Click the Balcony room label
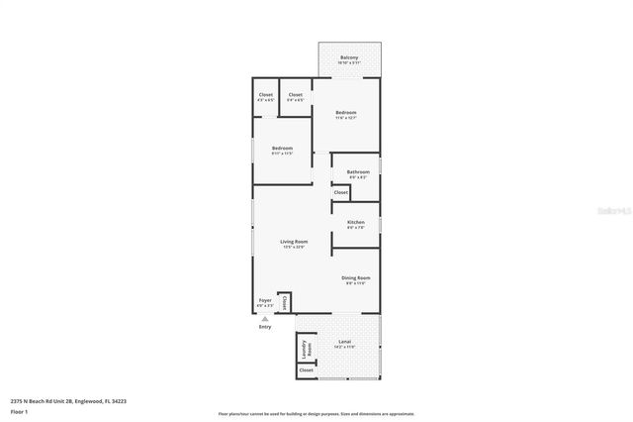[348, 57]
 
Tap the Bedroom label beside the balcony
[345, 113]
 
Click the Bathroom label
[357, 172]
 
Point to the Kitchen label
[356, 222]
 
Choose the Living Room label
[294, 242]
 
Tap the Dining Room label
[356, 278]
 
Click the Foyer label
[265, 300]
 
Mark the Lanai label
[344, 342]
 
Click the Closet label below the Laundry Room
[306, 369]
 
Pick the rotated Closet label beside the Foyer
[285, 301]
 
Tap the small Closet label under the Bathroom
[340, 192]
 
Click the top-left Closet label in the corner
[265, 95]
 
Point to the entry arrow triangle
[264, 318]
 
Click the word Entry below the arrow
[264, 327]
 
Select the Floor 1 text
[19, 410]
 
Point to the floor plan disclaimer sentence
[316, 414]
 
